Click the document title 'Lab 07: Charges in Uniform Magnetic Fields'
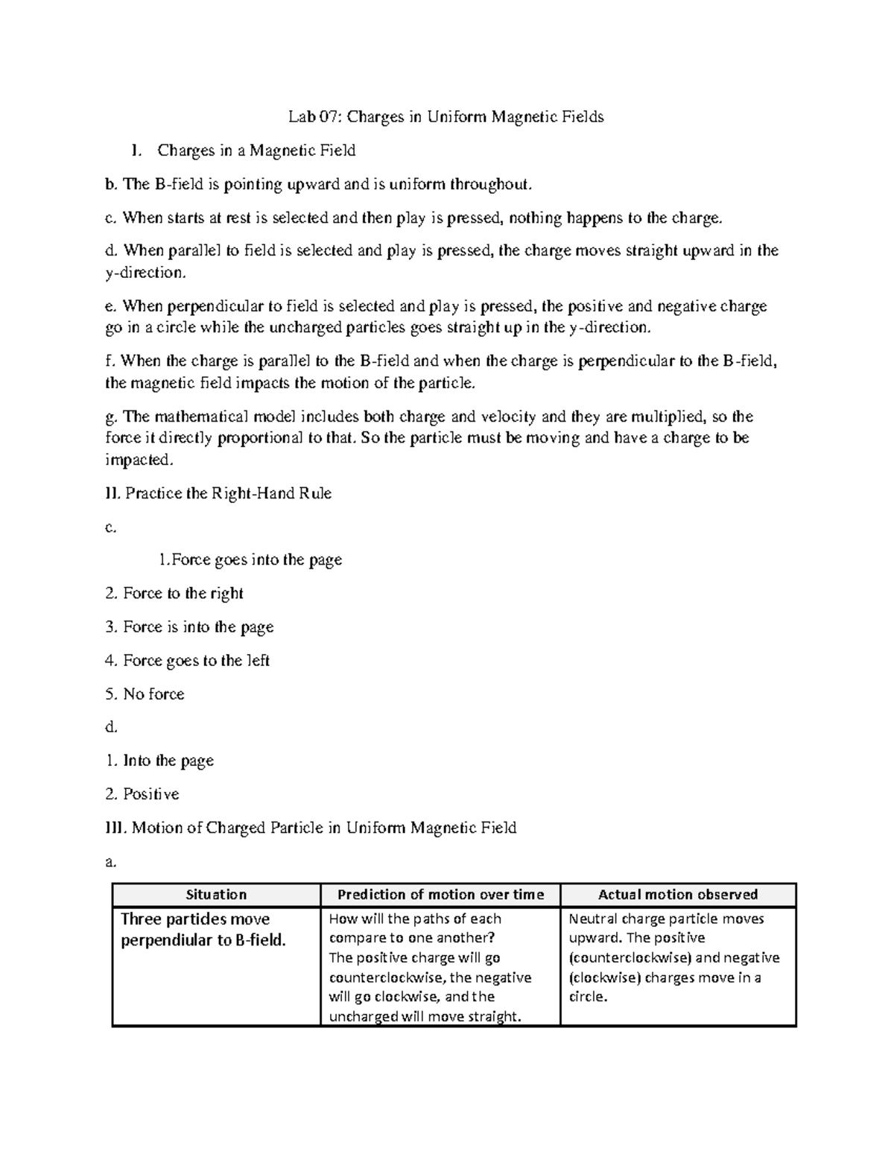[x=446, y=117]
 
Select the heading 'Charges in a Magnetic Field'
[x=256, y=150]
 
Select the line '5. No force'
[x=145, y=694]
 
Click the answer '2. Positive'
[x=142, y=794]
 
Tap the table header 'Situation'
[x=216, y=895]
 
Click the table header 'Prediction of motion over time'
[x=440, y=895]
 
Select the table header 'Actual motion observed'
[x=678, y=895]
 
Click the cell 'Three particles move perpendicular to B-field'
[x=203, y=930]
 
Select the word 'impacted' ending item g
[x=139, y=460]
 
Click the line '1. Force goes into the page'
[x=250, y=560]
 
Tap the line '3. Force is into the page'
[x=190, y=627]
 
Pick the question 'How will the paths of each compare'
[x=414, y=928]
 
